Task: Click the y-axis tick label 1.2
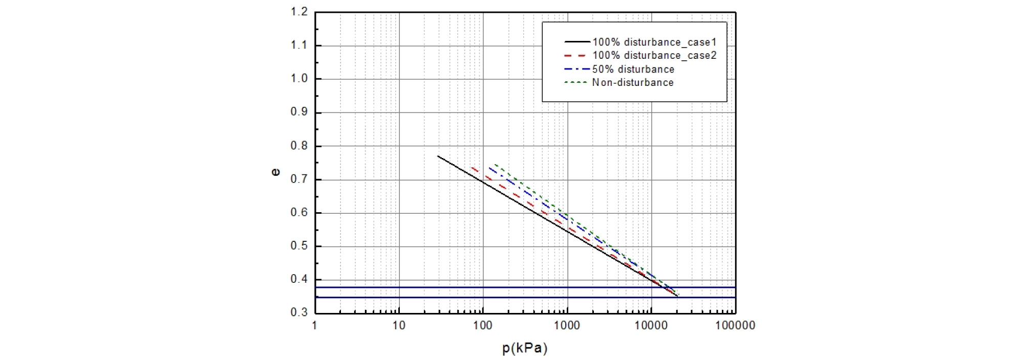tap(299, 12)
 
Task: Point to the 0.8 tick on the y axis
tap(299, 146)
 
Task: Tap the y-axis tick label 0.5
tap(299, 246)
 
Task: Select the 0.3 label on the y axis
tap(299, 312)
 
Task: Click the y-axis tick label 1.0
tap(299, 79)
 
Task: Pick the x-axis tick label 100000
tap(735, 326)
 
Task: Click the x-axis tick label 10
tap(399, 326)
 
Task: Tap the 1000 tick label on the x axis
tap(567, 326)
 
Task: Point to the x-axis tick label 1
tap(315, 326)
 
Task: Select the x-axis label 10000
tap(651, 326)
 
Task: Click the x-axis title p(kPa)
tap(525, 349)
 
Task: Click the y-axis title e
tap(275, 173)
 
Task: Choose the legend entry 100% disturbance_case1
tap(654, 42)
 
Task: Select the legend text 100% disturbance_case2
tap(654, 56)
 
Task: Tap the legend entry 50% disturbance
tap(633, 70)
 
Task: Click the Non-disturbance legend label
tap(633, 83)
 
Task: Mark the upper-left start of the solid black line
tap(438, 156)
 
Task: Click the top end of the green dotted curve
tap(494, 165)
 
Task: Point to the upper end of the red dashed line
tap(472, 167)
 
